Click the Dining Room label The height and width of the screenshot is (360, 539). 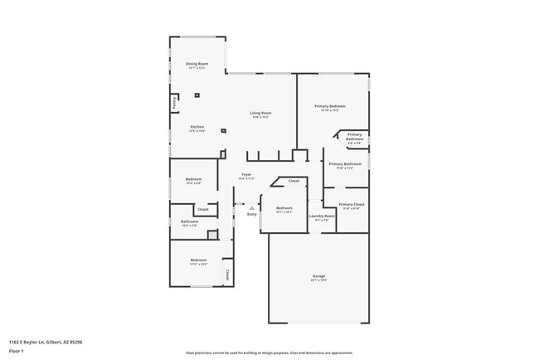tap(197, 64)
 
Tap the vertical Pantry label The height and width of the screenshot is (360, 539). tap(174, 104)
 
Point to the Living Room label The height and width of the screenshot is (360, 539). tap(261, 113)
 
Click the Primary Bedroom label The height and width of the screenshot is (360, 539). tap(329, 106)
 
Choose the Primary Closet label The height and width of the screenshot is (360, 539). tap(352, 203)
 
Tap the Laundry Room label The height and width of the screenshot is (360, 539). tap(322, 216)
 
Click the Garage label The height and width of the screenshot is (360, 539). tap(318, 275)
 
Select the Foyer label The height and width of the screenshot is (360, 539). tap(245, 174)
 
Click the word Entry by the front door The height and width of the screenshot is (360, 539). tap(252, 215)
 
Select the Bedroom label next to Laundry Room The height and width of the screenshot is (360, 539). tap(284, 207)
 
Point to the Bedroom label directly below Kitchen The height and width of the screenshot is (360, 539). tap(193, 179)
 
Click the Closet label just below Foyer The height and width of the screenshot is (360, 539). tap(294, 181)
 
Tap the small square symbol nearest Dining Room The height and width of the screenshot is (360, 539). tap(197, 95)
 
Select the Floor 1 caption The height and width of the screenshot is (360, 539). tap(17, 351)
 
